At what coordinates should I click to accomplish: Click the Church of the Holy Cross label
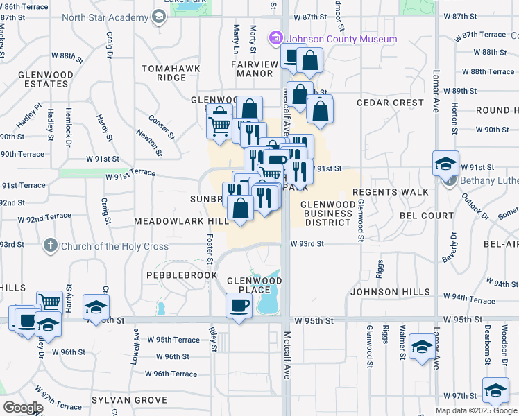(x=115, y=245)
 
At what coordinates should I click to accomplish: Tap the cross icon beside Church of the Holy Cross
(x=50, y=245)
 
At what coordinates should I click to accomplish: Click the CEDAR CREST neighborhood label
(x=390, y=103)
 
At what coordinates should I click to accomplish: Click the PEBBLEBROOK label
(x=173, y=275)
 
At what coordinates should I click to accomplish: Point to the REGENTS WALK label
(x=384, y=192)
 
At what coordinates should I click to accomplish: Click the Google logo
(x=23, y=408)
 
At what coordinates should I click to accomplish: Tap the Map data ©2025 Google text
(x=476, y=410)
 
